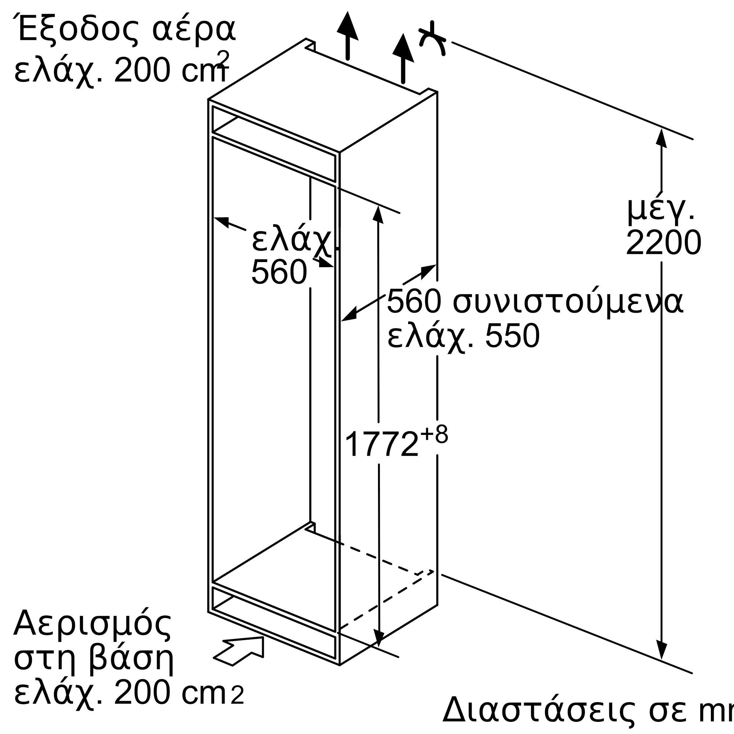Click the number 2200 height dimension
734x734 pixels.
pos(663,243)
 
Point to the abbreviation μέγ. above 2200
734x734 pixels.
pos(660,209)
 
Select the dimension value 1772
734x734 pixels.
pos(381,444)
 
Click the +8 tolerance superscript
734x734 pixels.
pos(434,434)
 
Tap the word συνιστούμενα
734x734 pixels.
pos(568,302)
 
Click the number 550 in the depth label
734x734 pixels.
pos(512,336)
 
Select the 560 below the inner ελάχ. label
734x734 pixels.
pos(279,272)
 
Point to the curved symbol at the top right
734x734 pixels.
pos(432,40)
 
